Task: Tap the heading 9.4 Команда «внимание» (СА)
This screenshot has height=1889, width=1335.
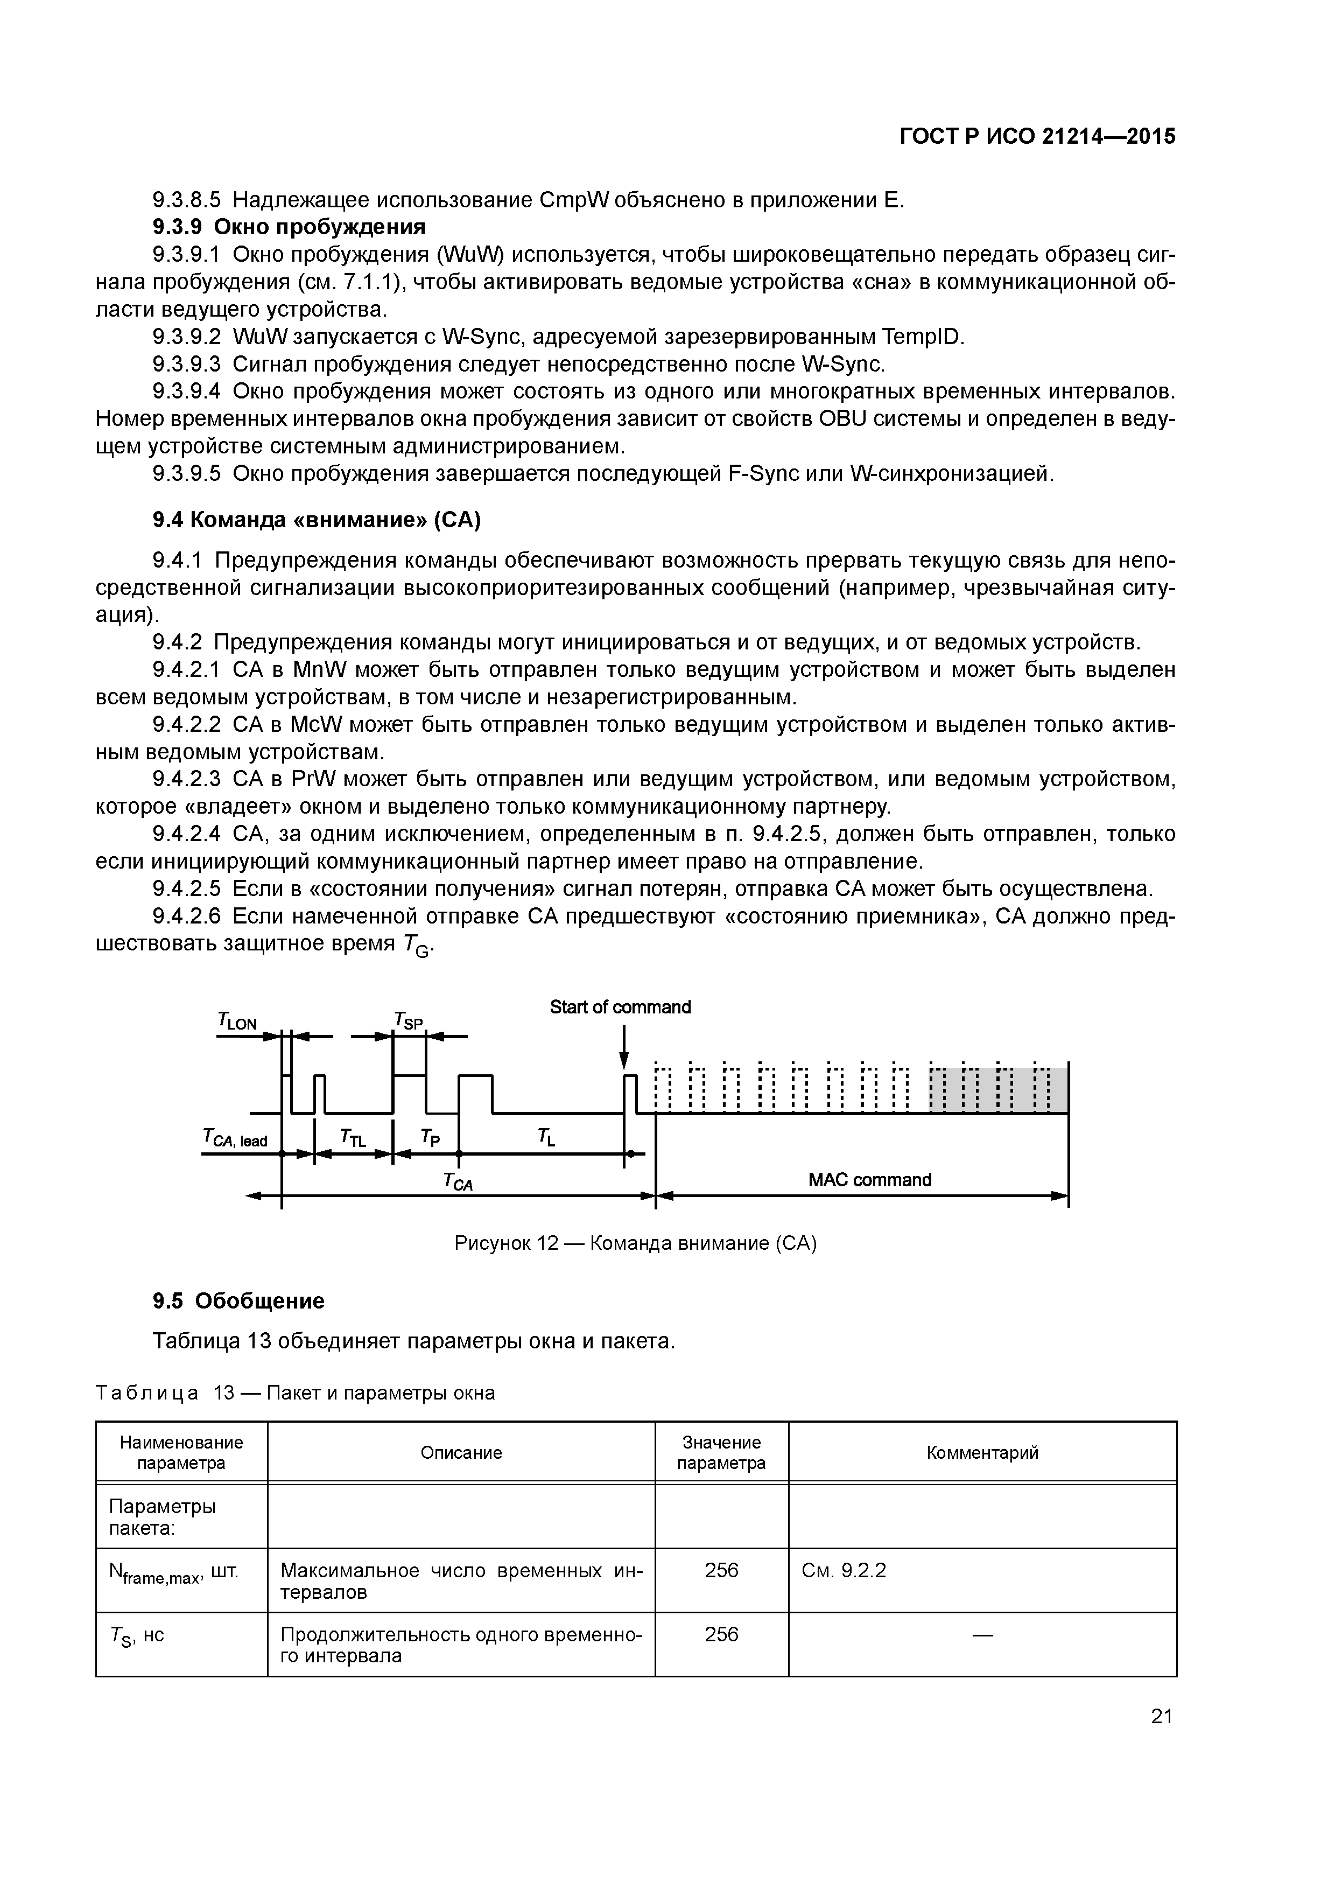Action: (x=317, y=520)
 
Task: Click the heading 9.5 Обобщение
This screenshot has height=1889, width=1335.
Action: (x=238, y=1301)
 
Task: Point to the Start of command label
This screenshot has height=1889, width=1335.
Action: (x=620, y=1007)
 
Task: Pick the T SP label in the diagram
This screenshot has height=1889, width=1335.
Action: (x=409, y=1021)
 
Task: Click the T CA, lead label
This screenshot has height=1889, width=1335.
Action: (x=235, y=1139)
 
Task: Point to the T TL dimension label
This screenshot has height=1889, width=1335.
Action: (x=353, y=1138)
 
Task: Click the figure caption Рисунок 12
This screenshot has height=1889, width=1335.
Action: (x=635, y=1243)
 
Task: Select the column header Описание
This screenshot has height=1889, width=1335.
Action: (x=461, y=1453)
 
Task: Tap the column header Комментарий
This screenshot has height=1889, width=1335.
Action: (x=982, y=1453)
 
